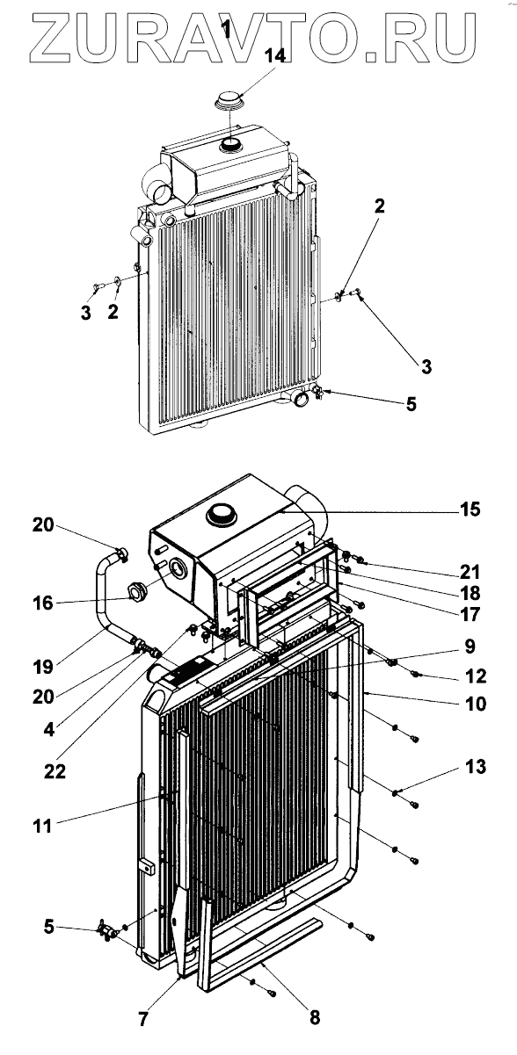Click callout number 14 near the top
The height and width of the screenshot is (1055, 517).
tap(274, 56)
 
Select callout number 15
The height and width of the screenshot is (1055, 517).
tap(470, 509)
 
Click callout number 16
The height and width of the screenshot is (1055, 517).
tap(43, 603)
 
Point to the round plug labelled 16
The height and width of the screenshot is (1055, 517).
tap(136, 590)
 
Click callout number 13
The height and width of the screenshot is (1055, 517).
tap(475, 767)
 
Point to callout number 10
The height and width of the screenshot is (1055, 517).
tap(476, 705)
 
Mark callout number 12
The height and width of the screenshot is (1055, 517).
tap(475, 676)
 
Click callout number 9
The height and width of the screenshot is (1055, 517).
tap(470, 647)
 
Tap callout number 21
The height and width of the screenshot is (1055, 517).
tap(470, 572)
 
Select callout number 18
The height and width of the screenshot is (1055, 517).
tap(470, 594)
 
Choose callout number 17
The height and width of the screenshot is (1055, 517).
tap(470, 614)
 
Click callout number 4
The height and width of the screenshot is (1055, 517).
tap(49, 730)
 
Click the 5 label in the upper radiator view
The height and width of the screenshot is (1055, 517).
tap(411, 404)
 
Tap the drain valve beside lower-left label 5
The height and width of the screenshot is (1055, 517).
tap(106, 930)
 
